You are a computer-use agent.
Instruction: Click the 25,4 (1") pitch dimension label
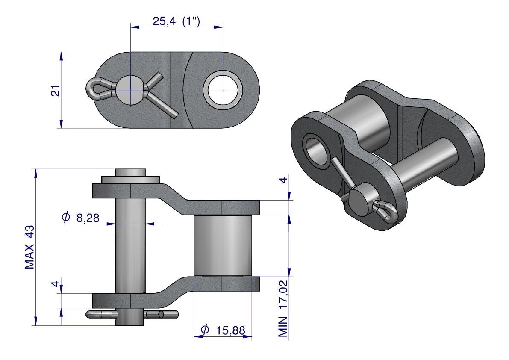pyautogui.click(x=176, y=21)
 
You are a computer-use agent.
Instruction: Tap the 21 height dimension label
pyautogui.click(x=56, y=91)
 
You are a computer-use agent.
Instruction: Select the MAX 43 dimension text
pyautogui.click(x=29, y=247)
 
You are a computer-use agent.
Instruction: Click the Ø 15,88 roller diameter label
pyautogui.click(x=223, y=330)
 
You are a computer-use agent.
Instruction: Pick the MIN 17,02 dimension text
pyautogui.click(x=283, y=309)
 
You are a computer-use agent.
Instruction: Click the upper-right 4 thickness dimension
pyautogui.click(x=283, y=180)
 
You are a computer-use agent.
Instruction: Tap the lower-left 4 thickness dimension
pyautogui.click(x=56, y=284)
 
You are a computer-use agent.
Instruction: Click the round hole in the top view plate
pyautogui.click(x=223, y=90)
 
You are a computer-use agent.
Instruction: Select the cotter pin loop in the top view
pyautogui.click(x=94, y=89)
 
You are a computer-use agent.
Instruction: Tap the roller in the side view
pyautogui.click(x=223, y=246)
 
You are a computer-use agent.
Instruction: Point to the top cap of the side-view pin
pyautogui.click(x=130, y=172)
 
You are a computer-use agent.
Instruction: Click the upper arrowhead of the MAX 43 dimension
pyautogui.click(x=35, y=173)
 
